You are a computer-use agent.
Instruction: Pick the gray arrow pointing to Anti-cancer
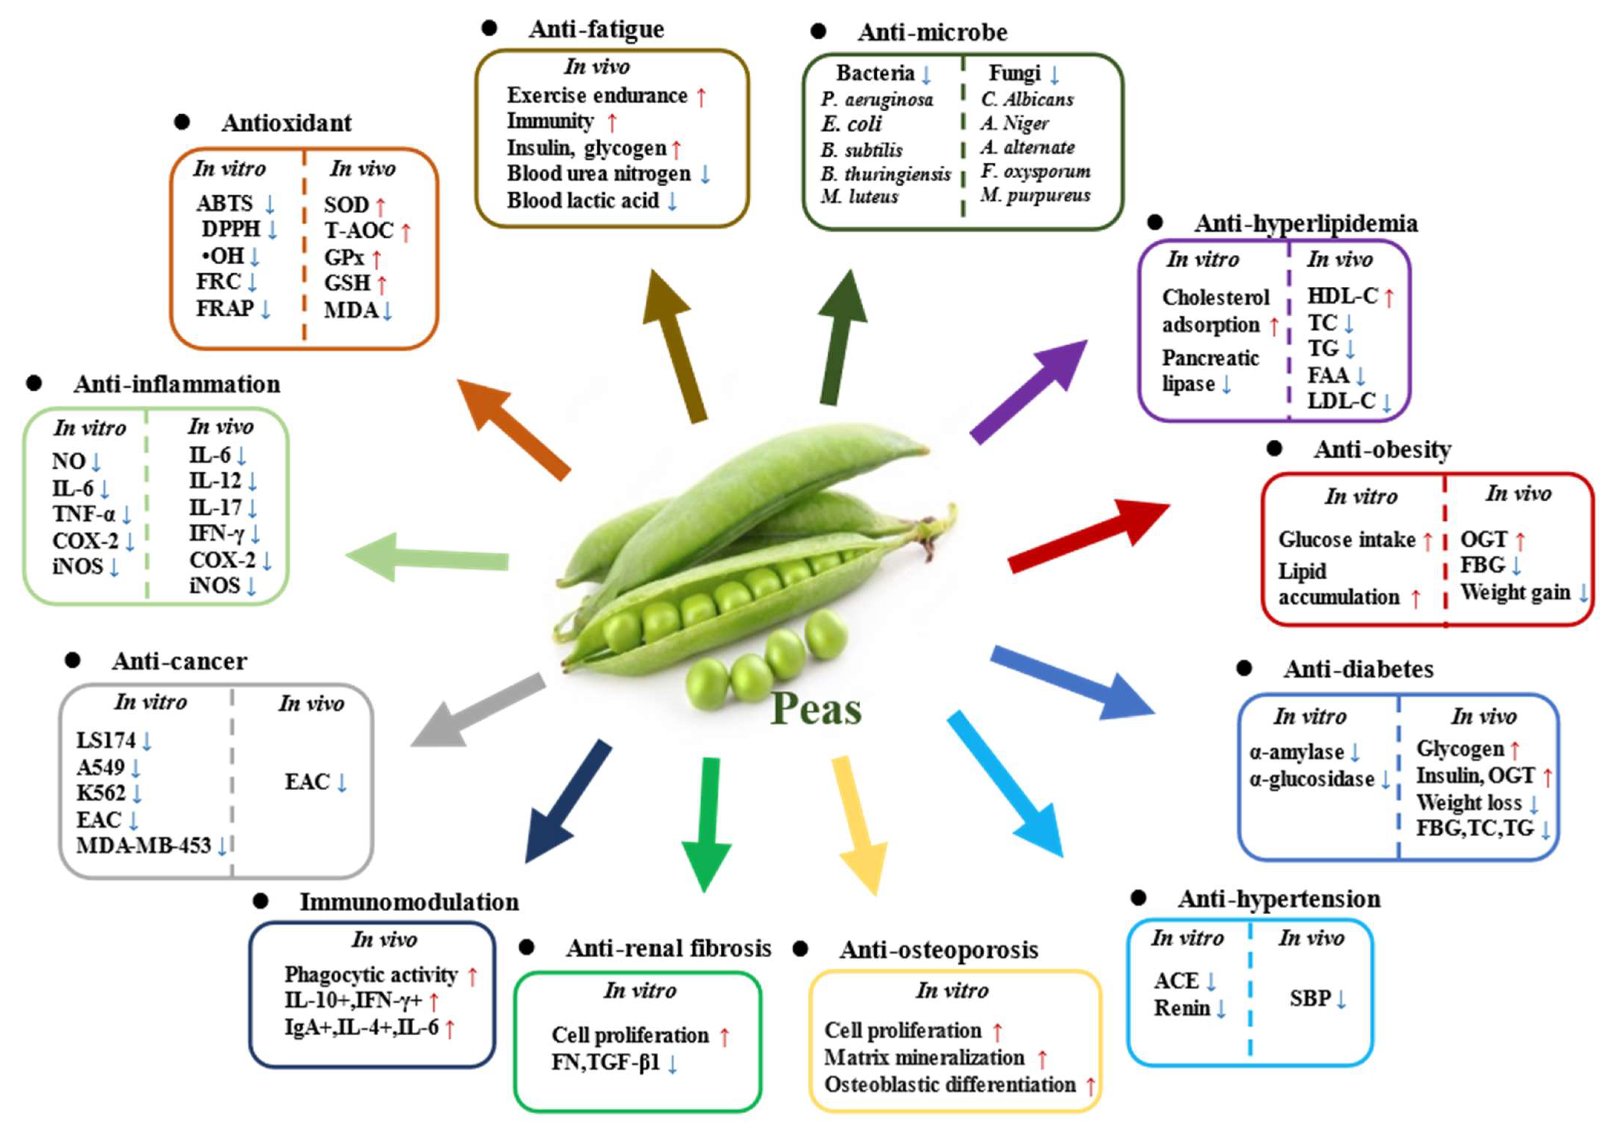(478, 710)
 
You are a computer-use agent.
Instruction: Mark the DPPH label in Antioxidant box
(231, 229)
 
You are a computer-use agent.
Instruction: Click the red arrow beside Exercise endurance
(701, 96)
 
